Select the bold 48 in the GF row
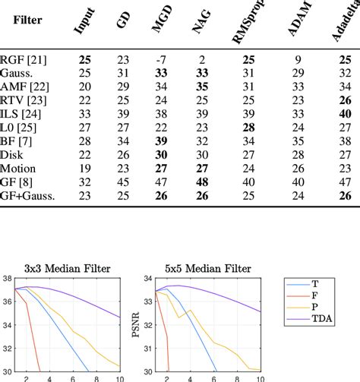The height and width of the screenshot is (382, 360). tap(203, 182)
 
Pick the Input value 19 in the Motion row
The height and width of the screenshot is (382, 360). tap(82, 169)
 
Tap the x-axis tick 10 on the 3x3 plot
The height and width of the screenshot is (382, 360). tap(118, 377)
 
